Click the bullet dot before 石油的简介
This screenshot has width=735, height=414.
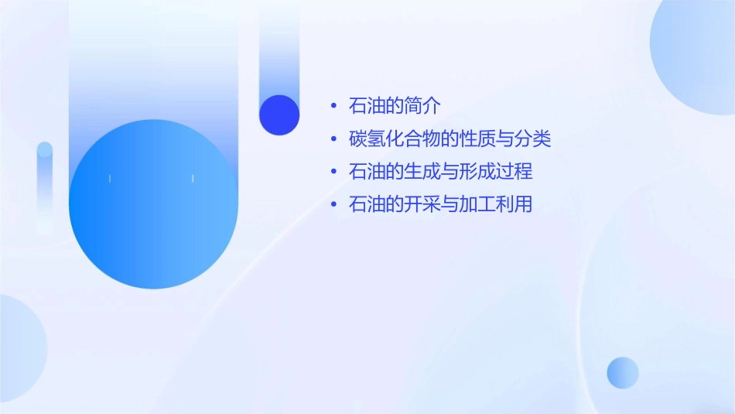click(333, 105)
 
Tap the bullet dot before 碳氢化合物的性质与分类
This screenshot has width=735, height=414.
click(333, 139)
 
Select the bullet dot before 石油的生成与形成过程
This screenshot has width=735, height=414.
click(333, 172)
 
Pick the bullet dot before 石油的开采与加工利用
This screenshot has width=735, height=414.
click(333, 205)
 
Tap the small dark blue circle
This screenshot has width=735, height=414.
click(279, 115)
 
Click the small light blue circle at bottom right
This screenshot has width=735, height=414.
click(623, 372)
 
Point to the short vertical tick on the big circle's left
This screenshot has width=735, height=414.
click(110, 179)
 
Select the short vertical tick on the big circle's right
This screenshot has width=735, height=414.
click(192, 179)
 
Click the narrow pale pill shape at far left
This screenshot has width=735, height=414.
click(45, 186)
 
